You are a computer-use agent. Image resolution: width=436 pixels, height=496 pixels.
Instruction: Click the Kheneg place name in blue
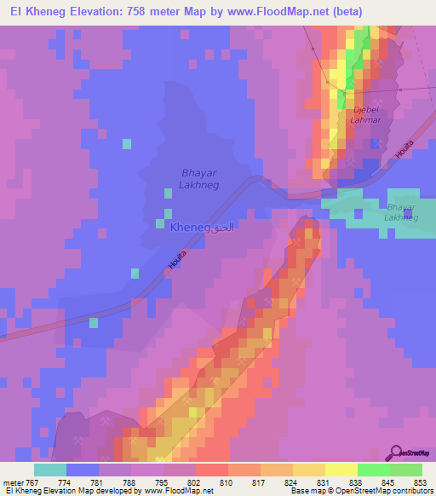tap(190, 228)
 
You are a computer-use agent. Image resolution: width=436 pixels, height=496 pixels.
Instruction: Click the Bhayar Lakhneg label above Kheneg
tap(201, 178)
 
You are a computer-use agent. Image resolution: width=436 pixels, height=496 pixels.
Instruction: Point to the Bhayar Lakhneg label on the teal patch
tap(402, 212)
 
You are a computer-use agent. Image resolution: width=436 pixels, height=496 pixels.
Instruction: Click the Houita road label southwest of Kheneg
tap(176, 260)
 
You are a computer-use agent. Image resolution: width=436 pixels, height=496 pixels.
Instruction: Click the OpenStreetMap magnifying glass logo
tap(395, 454)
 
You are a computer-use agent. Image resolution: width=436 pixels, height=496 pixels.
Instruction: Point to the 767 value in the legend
tap(30, 482)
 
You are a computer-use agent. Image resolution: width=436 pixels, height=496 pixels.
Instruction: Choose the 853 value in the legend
tap(421, 482)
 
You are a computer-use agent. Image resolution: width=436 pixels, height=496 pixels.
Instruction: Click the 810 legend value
tap(226, 482)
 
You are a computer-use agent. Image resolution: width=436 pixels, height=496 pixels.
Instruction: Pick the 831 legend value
tap(324, 482)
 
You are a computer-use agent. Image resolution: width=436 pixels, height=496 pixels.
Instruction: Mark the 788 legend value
tap(128, 482)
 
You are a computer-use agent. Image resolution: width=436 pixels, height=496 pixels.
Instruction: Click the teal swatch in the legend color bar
tap(50, 470)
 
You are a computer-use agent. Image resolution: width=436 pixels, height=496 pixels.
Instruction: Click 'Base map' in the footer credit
tap(306, 491)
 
